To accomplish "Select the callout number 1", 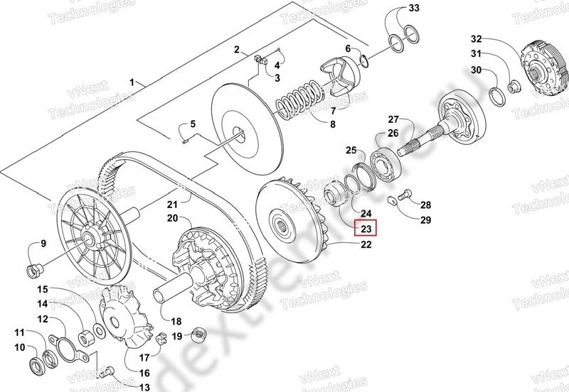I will tap(132, 83).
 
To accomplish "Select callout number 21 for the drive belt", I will tap(171, 205).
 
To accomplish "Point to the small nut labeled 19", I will tap(198, 333).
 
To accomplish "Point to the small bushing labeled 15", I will tap(90, 332).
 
